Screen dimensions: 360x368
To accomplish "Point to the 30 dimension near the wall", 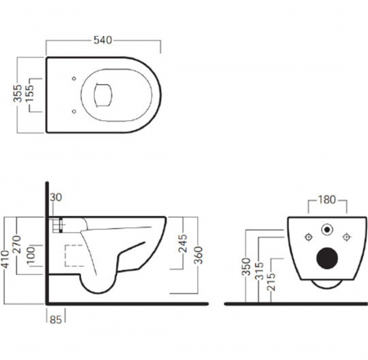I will (55, 198).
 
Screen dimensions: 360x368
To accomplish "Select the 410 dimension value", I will (6, 260).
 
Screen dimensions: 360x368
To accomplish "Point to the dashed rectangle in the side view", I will (74, 254).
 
